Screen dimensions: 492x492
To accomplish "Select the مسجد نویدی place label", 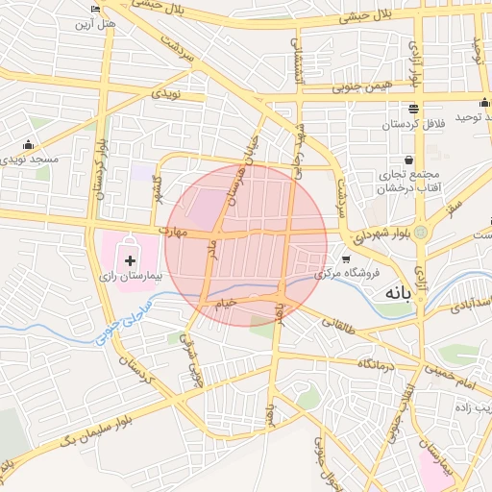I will click(x=29, y=158).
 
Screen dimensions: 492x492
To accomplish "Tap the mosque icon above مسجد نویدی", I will click(x=29, y=145).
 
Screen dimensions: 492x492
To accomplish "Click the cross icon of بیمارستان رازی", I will click(x=131, y=260).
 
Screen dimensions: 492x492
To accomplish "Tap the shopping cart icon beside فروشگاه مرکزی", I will click(x=346, y=259).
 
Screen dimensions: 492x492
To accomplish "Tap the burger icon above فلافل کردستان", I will click(x=413, y=109).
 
